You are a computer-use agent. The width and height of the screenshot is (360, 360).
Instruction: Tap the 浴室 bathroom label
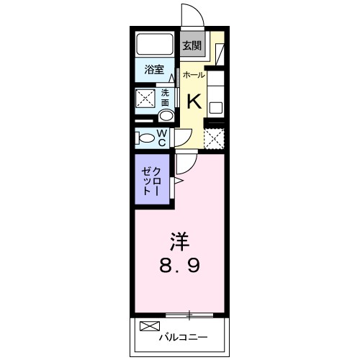[153, 70]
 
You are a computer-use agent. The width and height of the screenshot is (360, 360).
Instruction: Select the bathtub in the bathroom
[155, 44]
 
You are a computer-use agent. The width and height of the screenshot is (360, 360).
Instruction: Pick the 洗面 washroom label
[166, 97]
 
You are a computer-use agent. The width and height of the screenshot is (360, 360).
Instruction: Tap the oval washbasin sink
[166, 116]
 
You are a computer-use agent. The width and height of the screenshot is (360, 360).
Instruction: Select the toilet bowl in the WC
[145, 138]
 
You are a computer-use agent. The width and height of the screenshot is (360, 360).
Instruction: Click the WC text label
[162, 138]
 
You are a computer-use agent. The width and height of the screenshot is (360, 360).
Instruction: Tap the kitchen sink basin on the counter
[215, 107]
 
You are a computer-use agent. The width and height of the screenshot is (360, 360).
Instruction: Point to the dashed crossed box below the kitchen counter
[215, 137]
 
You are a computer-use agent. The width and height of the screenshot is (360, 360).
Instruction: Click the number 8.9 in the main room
[179, 265]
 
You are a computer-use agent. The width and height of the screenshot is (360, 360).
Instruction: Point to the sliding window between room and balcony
[189, 314]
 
